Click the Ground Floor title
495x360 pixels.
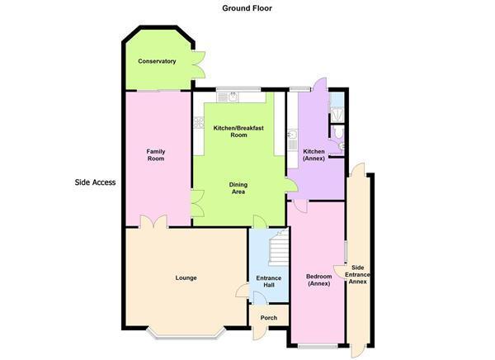click(x=247, y=8)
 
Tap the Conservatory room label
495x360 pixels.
click(x=157, y=61)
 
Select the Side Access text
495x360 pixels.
click(x=95, y=182)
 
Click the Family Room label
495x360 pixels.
click(x=156, y=155)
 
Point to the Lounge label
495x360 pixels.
click(x=186, y=277)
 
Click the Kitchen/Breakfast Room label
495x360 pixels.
click(x=238, y=131)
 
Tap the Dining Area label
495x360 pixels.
click(x=238, y=188)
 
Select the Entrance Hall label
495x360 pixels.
click(x=269, y=282)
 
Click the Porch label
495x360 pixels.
click(x=269, y=318)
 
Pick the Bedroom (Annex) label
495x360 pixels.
click(x=318, y=280)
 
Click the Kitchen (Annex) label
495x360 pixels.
click(x=313, y=155)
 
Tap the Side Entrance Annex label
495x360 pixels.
click(x=357, y=274)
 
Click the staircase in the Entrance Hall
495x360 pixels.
click(x=279, y=248)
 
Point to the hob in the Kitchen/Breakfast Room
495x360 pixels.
click(x=199, y=123)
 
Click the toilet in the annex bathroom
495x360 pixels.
click(x=338, y=132)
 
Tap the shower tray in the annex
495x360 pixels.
click(x=337, y=113)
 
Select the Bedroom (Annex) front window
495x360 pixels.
click(x=318, y=347)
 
